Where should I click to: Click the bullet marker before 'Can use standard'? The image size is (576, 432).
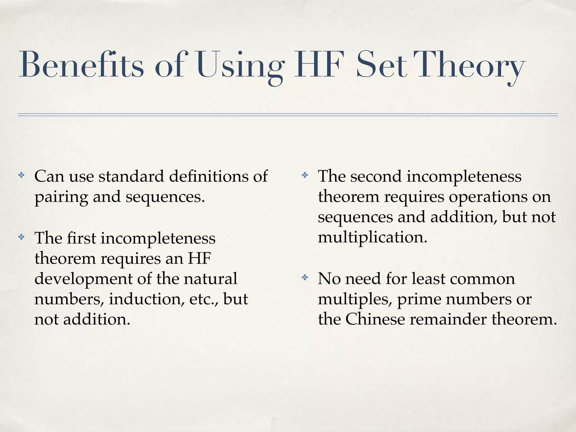(21, 176)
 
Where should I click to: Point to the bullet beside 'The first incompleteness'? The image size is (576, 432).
(21, 237)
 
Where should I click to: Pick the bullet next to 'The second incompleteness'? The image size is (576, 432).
(305, 176)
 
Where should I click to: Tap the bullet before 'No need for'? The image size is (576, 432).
(305, 278)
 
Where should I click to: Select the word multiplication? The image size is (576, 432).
(372, 237)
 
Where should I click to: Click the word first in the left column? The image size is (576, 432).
(82, 238)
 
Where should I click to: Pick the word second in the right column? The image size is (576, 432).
(376, 176)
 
